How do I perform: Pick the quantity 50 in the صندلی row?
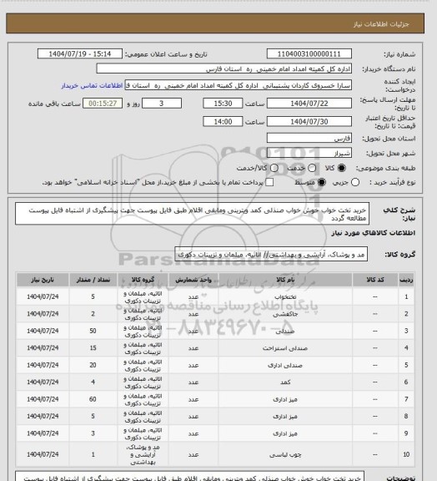pos(93,332)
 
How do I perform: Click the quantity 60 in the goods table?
pos(93,402)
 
